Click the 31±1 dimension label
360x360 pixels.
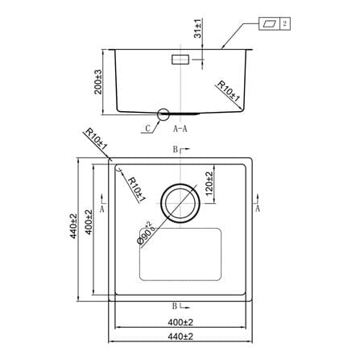tap(197, 28)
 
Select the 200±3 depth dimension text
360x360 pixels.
tap(98, 82)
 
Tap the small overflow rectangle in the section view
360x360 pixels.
tap(180, 60)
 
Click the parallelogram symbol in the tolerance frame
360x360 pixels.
tap(269, 23)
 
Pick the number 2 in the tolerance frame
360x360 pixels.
tap(285, 23)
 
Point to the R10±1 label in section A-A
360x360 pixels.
tap(228, 92)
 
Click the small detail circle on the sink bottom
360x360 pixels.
tap(163, 114)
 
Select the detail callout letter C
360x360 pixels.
tap(148, 128)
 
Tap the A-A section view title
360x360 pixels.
tap(180, 129)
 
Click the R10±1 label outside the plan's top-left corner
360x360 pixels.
tap(96, 139)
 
